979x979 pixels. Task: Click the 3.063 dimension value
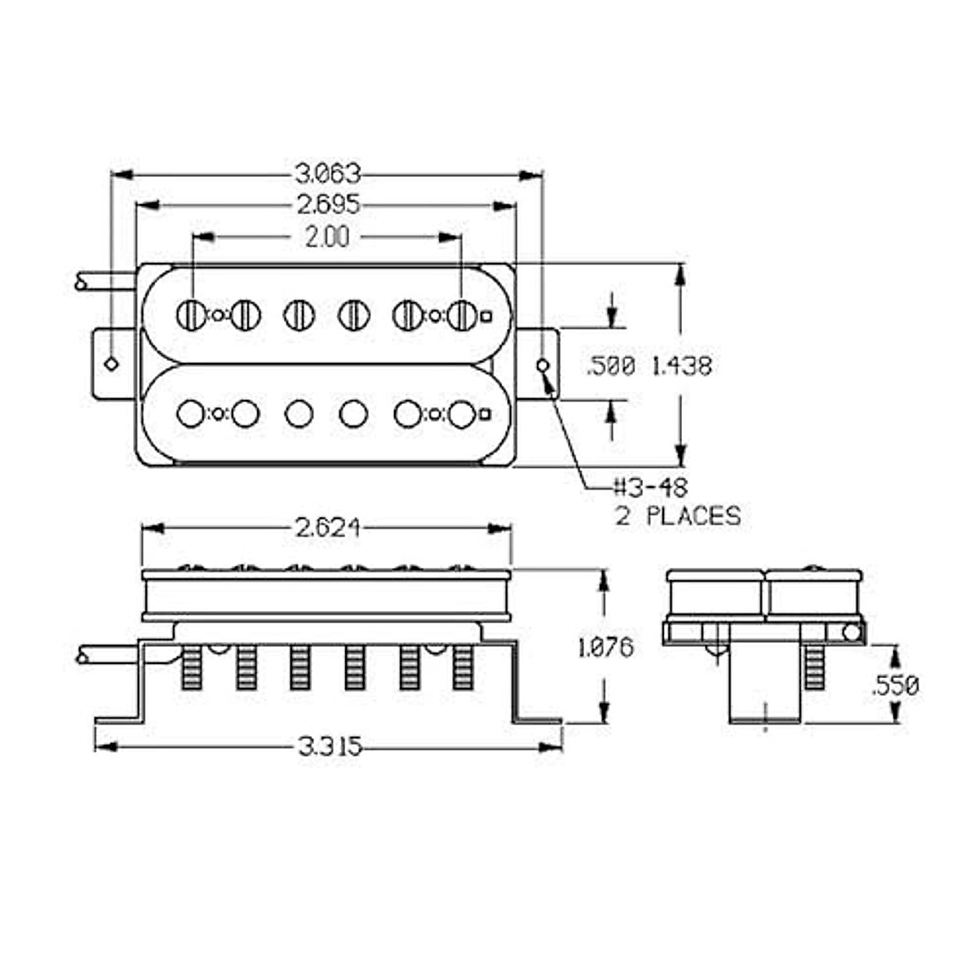(x=327, y=174)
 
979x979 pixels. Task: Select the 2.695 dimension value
(x=327, y=205)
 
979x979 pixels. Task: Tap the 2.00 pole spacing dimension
(x=326, y=237)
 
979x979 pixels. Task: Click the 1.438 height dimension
(x=681, y=365)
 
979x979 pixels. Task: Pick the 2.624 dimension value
(x=326, y=529)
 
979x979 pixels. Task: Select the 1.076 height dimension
(x=605, y=648)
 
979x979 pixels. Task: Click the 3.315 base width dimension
(x=330, y=746)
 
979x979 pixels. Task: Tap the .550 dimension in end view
(x=895, y=685)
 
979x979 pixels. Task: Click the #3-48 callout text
(x=651, y=488)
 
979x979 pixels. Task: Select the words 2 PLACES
(x=678, y=516)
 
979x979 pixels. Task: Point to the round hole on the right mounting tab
(x=543, y=365)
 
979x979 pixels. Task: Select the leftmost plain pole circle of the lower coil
(x=191, y=414)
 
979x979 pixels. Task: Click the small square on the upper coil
(x=487, y=316)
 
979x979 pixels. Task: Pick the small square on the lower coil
(x=486, y=414)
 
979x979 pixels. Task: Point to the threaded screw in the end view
(x=815, y=667)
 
